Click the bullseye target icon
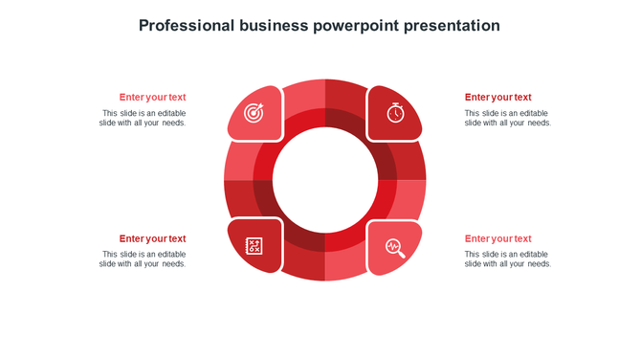254,113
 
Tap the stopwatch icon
395,112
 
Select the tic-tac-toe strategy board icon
254,246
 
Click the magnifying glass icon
395,248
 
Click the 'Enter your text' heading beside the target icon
152,97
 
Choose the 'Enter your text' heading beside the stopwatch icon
497,97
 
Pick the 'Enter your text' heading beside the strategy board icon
152,238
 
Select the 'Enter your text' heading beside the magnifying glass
497,238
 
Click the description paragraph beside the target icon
144,118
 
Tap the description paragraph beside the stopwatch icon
507,118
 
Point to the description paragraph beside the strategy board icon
144,259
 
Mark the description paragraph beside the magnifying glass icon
507,259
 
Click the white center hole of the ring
324,180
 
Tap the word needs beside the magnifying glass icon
539,264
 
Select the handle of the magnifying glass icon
402,255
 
